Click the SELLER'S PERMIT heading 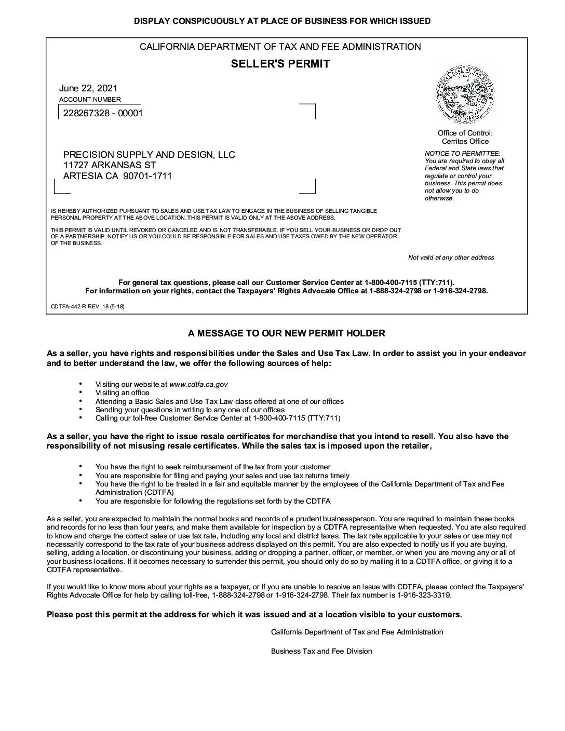pos(280,64)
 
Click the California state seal pos(465,94)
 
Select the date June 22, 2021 pos(88,88)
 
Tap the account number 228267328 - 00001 pos(103,113)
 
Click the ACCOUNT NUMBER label pos(90,100)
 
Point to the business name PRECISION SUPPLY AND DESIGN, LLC pos(149,155)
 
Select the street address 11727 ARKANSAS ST pos(110,165)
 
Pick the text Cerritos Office pos(465,141)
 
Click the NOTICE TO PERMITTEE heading pos(462,153)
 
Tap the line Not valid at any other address pos(451,258)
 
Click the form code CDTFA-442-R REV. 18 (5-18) pos(87,306)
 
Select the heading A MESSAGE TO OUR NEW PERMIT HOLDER pos(286,333)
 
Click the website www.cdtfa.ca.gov pos(198,385)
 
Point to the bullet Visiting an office pos(122,393)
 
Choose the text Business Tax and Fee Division pos(321,651)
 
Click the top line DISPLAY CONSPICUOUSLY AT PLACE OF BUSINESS pos(282,21)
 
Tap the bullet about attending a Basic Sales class pos(219,401)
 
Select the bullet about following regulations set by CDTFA pos(212,501)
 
